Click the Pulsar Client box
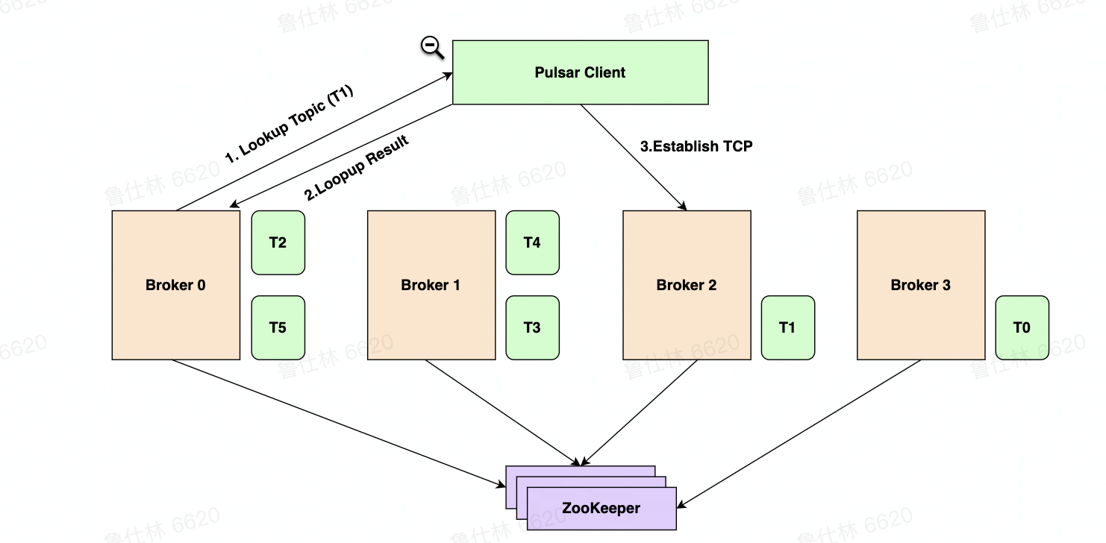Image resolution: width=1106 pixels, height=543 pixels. [x=580, y=72]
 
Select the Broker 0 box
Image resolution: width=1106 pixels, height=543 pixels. [x=175, y=285]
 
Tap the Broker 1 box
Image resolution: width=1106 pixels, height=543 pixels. [x=431, y=285]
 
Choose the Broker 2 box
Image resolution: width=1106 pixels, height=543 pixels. [x=687, y=285]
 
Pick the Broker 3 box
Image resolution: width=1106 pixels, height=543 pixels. [x=920, y=285]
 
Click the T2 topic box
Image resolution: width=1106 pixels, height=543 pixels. [x=278, y=242]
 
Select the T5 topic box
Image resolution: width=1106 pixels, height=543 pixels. [x=278, y=327]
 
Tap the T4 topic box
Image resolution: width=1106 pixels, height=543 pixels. [x=532, y=242]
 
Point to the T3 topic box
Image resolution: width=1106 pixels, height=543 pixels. [x=532, y=327]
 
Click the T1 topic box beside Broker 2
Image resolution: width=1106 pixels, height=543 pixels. [x=787, y=327]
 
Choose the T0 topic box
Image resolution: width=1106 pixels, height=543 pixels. [x=1022, y=327]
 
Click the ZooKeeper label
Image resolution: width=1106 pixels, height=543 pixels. [x=601, y=509]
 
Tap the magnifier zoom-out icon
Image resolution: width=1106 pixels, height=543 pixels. [x=431, y=47]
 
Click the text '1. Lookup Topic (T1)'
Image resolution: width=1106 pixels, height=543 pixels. [x=289, y=125]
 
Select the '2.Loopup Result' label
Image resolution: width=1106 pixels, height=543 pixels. [x=357, y=169]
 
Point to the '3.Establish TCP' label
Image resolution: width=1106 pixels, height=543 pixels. [x=696, y=146]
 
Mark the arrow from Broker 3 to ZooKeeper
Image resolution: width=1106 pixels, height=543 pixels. [x=799, y=433]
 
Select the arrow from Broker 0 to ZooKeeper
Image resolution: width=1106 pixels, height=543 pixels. [x=336, y=423]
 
